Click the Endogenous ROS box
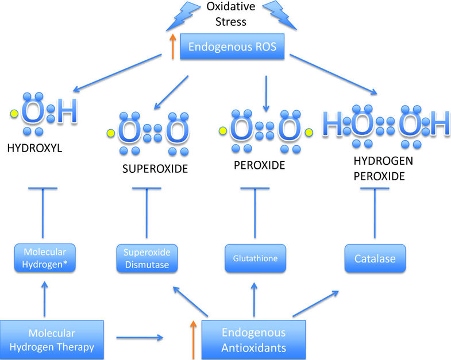233,46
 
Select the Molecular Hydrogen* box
45,258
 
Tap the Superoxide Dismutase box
147,258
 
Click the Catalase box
375,259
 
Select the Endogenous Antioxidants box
253,339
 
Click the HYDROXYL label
34,148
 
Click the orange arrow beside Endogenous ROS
172,46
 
